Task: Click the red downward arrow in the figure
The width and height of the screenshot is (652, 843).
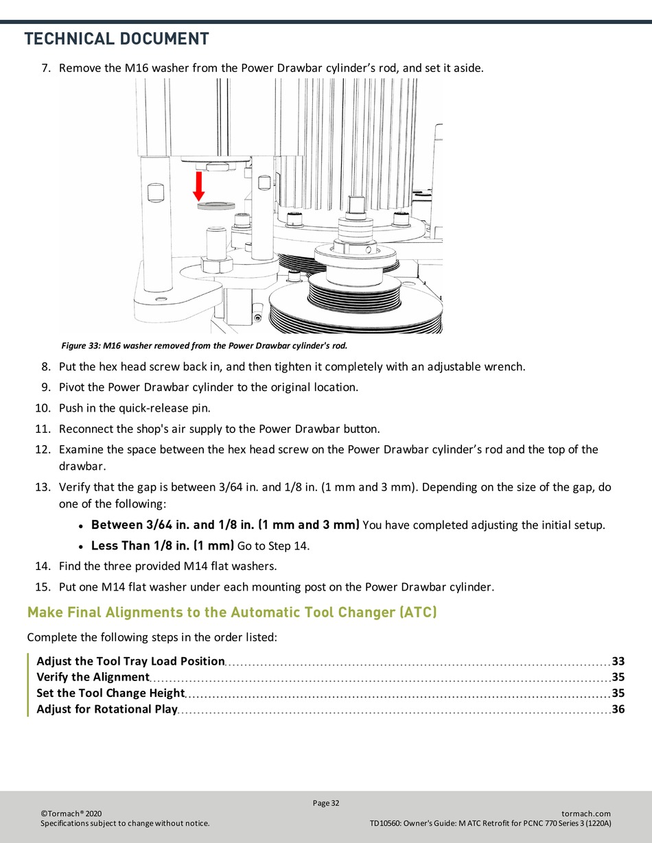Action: coord(199,185)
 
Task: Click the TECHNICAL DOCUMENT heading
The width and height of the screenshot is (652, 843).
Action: coord(117,39)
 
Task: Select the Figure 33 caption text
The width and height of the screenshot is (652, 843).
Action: coord(205,345)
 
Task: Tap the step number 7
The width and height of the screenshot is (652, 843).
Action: coord(46,69)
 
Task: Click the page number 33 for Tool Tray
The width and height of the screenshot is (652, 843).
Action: coord(618,661)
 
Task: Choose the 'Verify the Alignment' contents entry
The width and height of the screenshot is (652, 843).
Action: coord(93,677)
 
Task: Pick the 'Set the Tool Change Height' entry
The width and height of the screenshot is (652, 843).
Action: coord(110,693)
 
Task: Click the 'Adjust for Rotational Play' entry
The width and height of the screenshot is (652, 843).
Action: coord(107,709)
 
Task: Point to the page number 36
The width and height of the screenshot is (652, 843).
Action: coord(618,709)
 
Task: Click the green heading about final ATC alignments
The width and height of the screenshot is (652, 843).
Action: coord(232,612)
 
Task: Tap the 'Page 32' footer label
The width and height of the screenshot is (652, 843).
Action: coord(326,803)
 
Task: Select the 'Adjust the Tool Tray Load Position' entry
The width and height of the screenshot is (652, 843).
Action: coord(130,661)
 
